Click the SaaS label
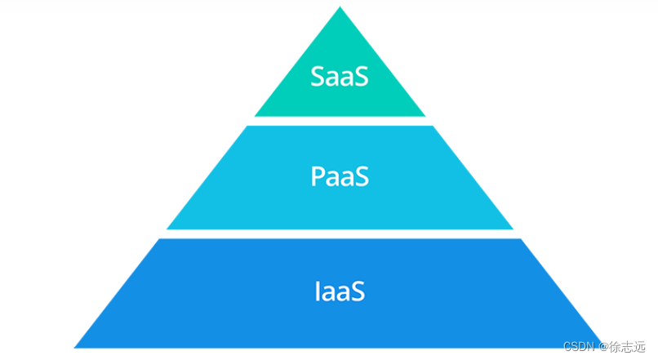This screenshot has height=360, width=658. (x=340, y=76)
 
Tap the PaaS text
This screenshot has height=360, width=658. (x=340, y=176)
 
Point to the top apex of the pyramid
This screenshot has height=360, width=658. (x=340, y=7)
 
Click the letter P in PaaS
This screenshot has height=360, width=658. (x=318, y=176)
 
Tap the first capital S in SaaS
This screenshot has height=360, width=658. (x=318, y=76)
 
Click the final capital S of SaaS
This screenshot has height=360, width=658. (x=361, y=76)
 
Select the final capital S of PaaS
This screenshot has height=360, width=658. (x=362, y=176)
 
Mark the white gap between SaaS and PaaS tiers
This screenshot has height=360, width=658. (x=340, y=121)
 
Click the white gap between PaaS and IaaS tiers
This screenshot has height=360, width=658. (x=340, y=234)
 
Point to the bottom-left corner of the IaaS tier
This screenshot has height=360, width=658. (x=75, y=347)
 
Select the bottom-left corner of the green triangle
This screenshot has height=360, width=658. (x=256, y=116)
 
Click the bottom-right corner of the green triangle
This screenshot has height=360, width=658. (x=425, y=116)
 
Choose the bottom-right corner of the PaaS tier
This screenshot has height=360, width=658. (x=513, y=229)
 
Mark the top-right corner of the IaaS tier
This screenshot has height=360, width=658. (x=520, y=239)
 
